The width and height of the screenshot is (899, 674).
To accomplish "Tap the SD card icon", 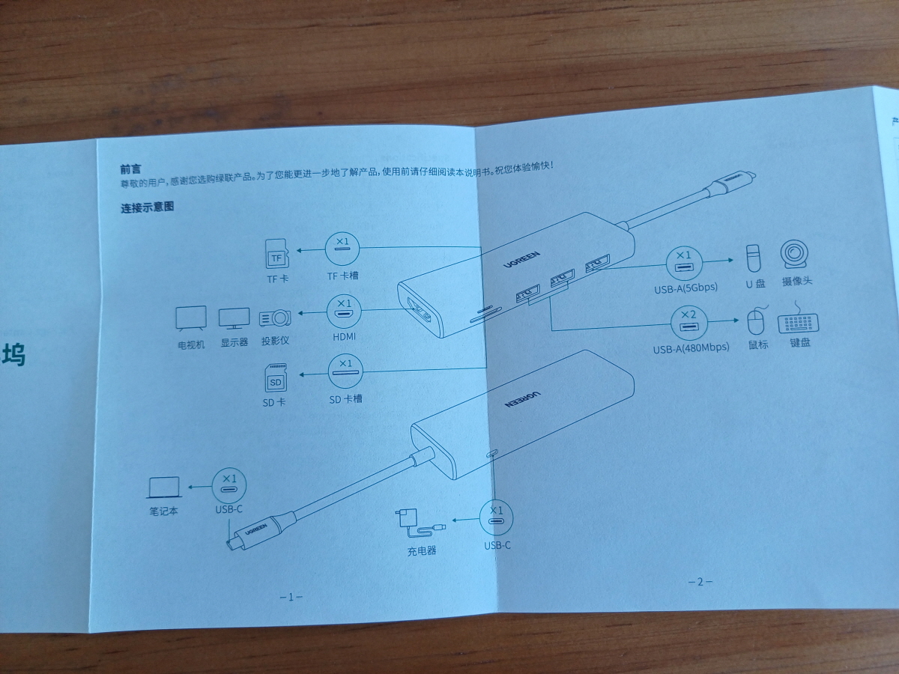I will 276,378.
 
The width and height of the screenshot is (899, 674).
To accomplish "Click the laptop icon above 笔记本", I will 164,488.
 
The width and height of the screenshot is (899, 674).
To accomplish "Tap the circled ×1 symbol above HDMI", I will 345,310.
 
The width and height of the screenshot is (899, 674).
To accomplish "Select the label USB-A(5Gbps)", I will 685,288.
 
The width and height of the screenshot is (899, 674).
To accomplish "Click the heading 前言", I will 130,170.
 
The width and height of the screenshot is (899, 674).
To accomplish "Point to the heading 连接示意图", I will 147,207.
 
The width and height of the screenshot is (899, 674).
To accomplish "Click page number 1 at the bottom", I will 291,597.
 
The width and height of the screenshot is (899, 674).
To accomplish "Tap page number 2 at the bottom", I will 700,582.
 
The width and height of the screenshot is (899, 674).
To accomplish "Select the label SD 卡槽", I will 345,399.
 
